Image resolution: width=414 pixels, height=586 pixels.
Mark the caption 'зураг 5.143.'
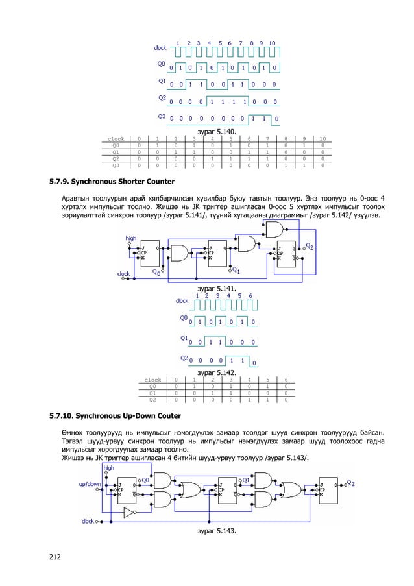pyautogui.click(x=216, y=531)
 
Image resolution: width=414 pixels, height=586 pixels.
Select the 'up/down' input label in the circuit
pyautogui.click(x=89, y=484)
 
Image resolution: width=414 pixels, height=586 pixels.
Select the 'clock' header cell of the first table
pyautogui.click(x=116, y=139)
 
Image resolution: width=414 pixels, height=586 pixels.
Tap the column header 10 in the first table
pyautogui.click(x=322, y=139)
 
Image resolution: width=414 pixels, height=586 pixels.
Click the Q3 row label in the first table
pyautogui.click(x=116, y=165)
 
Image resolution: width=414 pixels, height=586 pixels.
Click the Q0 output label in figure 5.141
pyautogui.click(x=157, y=273)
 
